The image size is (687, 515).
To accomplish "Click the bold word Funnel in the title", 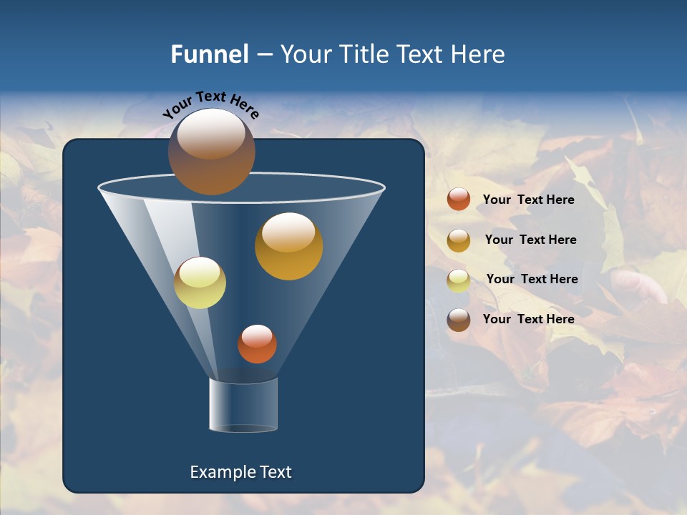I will pyautogui.click(x=209, y=54).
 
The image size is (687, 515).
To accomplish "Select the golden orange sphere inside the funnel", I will pyautogui.click(x=288, y=247).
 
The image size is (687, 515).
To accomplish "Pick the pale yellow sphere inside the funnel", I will pyautogui.click(x=200, y=283).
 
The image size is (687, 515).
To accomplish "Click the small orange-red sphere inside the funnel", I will pyautogui.click(x=257, y=344).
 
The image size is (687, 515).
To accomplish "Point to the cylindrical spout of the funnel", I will pyautogui.click(x=243, y=405).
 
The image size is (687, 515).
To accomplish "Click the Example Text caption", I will pyautogui.click(x=240, y=472).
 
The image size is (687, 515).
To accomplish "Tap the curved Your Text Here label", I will pyautogui.click(x=210, y=104).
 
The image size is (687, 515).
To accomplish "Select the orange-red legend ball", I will pyautogui.click(x=459, y=200).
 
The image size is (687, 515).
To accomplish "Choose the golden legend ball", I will pyautogui.click(x=459, y=240).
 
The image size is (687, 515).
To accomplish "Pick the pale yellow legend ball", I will pyautogui.click(x=459, y=280).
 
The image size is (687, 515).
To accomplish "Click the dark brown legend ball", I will pyautogui.click(x=459, y=320).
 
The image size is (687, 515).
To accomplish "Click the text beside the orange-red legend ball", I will pyautogui.click(x=528, y=200).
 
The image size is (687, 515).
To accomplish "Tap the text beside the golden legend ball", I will pyautogui.click(x=530, y=240).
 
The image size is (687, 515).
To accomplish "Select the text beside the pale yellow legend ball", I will pyautogui.click(x=532, y=280).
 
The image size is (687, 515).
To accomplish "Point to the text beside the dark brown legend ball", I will pyautogui.click(x=528, y=319).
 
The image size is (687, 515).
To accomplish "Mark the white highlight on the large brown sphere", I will pyautogui.click(x=210, y=136).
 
